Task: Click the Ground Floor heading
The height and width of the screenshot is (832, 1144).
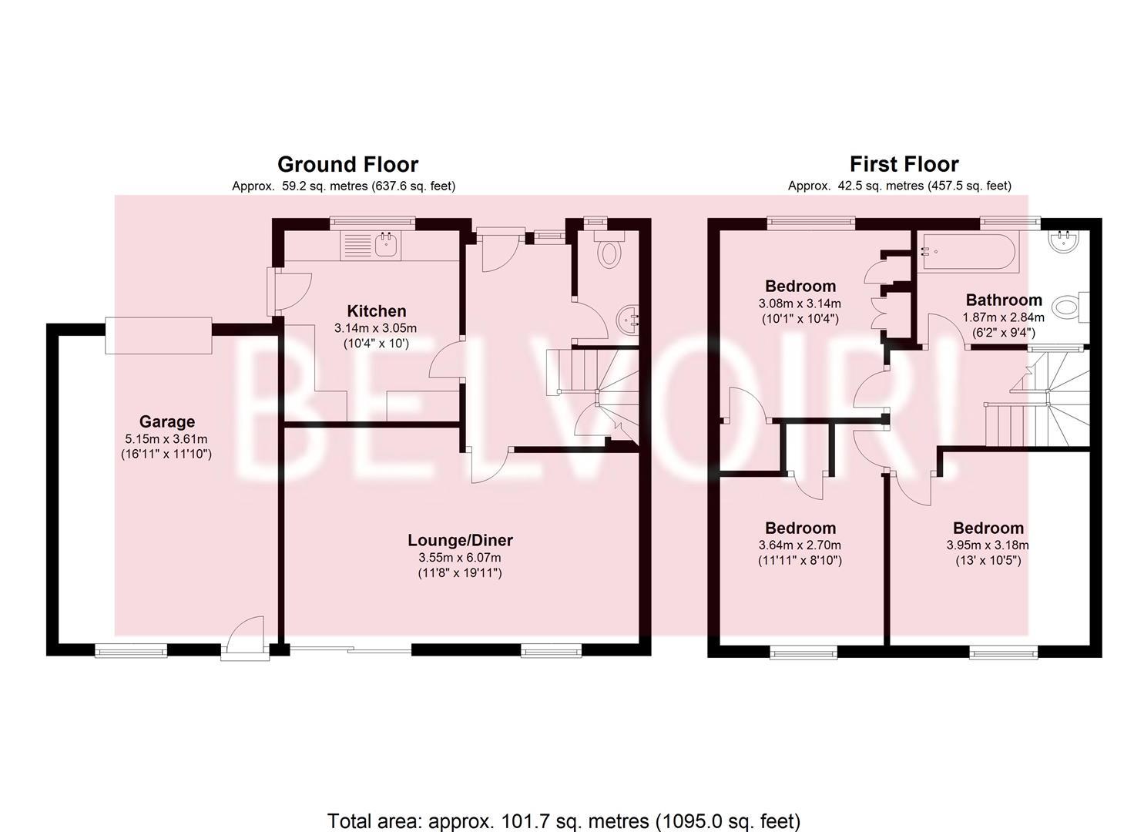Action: click(x=347, y=164)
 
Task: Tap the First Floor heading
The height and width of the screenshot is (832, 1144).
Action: click(x=904, y=164)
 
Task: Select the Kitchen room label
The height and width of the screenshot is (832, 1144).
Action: click(x=377, y=310)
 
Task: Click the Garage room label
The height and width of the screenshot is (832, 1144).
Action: click(x=167, y=421)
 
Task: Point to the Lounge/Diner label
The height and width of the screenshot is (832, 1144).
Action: click(x=460, y=540)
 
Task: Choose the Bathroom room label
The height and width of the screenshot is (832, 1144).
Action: click(x=997, y=300)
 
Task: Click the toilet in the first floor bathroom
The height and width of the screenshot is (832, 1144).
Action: click(x=1072, y=307)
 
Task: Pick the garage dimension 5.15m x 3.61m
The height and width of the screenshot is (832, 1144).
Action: click(x=166, y=439)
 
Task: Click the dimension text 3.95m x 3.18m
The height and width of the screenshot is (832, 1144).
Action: click(x=988, y=545)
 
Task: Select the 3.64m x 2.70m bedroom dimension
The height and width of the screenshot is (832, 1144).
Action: click(x=800, y=545)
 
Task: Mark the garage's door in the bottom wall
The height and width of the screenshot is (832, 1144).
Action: click(x=246, y=639)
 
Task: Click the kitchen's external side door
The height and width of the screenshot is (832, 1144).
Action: click(x=289, y=292)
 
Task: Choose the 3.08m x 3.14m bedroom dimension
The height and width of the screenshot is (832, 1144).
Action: click(x=800, y=304)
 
